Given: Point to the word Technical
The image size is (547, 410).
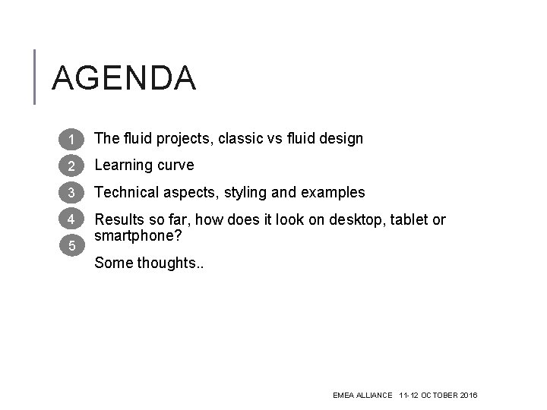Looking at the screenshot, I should pyautogui.click(x=128, y=193).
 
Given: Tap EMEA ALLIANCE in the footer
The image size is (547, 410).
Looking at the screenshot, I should pyautogui.click(x=362, y=396).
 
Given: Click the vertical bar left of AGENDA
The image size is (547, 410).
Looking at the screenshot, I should pyautogui.click(x=35, y=76).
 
